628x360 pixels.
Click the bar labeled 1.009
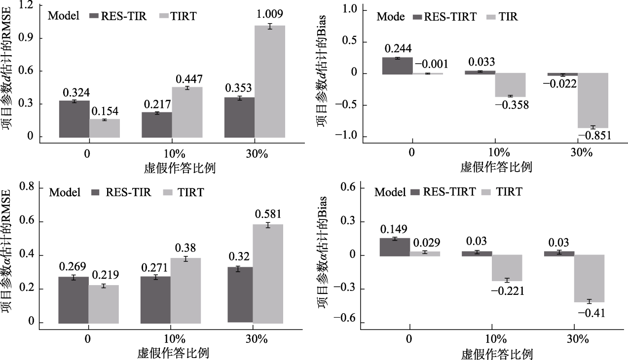tap(270, 81)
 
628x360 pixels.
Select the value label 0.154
tap(104, 110)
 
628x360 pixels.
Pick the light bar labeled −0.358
tap(510, 84)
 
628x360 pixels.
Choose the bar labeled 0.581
tap(268, 274)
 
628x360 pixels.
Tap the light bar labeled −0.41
tap(590, 278)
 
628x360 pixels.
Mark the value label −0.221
tap(507, 291)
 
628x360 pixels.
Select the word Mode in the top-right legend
tap(391, 17)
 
